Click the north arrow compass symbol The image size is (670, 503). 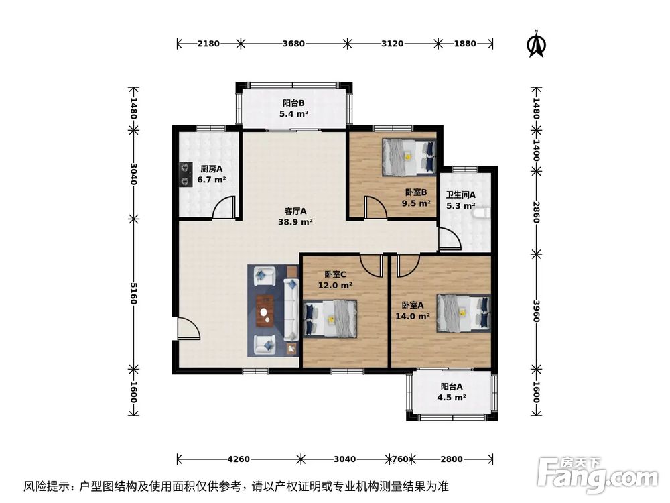(535, 44)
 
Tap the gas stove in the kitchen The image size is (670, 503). (184, 174)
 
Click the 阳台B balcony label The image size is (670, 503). (293, 103)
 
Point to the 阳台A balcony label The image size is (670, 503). (452, 386)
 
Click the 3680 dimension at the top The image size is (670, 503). (293, 44)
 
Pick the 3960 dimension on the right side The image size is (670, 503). (535, 310)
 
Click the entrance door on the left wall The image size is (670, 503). (188, 329)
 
